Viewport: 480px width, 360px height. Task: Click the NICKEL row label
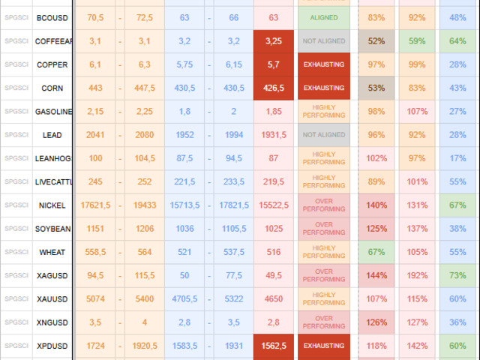tap(52, 205)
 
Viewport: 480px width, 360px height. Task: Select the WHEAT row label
tap(52, 253)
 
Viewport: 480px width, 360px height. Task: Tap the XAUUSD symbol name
tap(52, 299)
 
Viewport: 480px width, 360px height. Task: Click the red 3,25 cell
tap(273, 41)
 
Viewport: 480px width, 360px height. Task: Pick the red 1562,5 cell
tap(273, 346)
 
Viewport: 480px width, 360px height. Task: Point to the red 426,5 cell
tap(273, 88)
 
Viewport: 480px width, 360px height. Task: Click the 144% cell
tap(377, 276)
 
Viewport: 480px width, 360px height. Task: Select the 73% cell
tap(457, 276)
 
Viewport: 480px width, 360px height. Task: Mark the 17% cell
tap(457, 158)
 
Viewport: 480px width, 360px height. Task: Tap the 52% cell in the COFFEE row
tap(377, 41)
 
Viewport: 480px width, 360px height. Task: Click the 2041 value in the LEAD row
tap(95, 135)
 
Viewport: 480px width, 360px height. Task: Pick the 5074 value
tap(95, 299)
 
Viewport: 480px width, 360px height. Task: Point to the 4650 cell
tap(273, 299)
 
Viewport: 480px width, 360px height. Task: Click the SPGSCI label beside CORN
tap(16, 88)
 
